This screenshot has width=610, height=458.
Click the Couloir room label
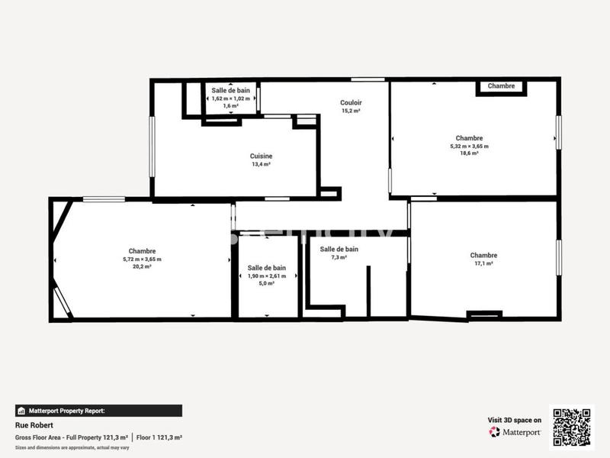(351, 102)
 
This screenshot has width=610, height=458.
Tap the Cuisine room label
(261, 156)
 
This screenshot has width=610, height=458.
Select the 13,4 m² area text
(261, 164)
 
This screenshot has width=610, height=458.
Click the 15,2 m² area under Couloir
(351, 111)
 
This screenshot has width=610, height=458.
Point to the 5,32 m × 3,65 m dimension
(469, 146)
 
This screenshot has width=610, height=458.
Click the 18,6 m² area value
(469, 153)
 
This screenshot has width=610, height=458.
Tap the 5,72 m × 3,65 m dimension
(142, 259)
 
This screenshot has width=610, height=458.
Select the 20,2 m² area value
(142, 266)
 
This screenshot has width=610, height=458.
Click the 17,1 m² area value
(483, 263)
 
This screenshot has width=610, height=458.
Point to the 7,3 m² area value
(339, 257)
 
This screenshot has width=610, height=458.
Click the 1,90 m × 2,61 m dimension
(267, 276)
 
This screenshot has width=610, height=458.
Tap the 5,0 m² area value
(267, 283)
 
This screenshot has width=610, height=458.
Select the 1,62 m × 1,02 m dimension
(230, 98)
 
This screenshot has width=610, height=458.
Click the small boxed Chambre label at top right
(501, 86)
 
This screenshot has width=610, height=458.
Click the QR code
(571, 427)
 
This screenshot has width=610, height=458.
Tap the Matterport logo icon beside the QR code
(495, 432)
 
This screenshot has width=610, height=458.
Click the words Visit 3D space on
(515, 420)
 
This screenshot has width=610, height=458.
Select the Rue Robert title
(30, 424)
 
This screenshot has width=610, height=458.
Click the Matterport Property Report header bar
(98, 410)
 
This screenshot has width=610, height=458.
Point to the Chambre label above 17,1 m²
(483, 255)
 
